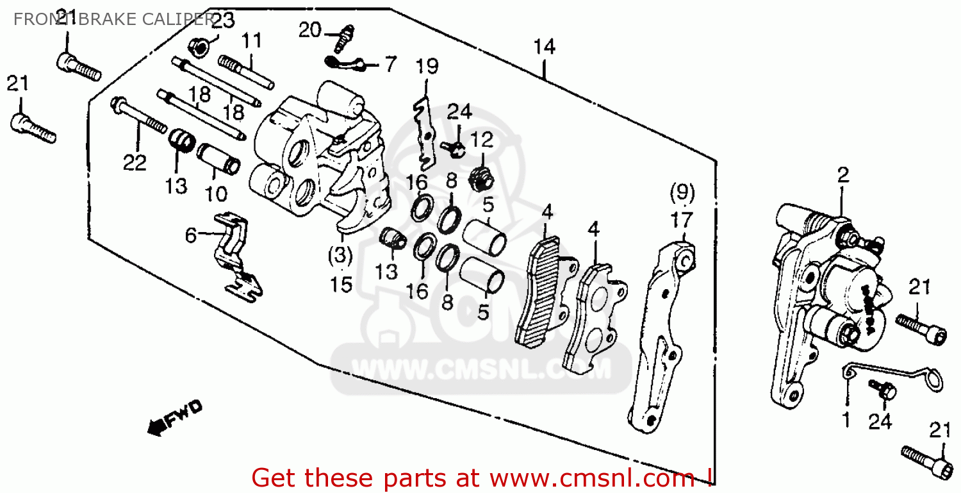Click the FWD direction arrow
tap(174, 417)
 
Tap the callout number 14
tap(544, 48)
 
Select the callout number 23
tap(222, 21)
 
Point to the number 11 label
tap(252, 41)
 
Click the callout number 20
tap(309, 29)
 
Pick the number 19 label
tap(427, 67)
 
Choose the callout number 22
tap(135, 163)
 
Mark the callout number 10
tap(216, 192)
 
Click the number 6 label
tap(190, 236)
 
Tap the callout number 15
tap(341, 285)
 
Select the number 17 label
tap(682, 220)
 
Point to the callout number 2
tap(842, 175)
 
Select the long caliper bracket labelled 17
tap(660, 333)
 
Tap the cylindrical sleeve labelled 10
tap(218, 160)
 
